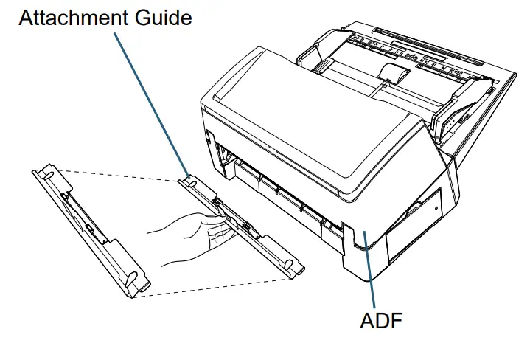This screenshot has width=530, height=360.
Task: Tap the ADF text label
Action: click(381, 322)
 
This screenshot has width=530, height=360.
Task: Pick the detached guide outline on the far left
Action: click(88, 229)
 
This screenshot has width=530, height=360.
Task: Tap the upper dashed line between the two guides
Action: click(118, 174)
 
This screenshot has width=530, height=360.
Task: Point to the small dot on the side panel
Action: click(436, 208)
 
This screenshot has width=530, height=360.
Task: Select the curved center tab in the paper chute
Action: click(394, 73)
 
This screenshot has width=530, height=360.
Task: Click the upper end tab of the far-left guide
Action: click(43, 174)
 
